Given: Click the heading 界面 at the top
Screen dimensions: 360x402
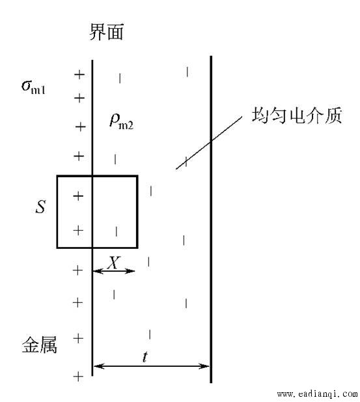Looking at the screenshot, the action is click(106, 32).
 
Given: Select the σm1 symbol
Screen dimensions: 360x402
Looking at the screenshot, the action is click(34, 87).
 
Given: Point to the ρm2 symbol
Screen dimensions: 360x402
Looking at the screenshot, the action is click(121, 121).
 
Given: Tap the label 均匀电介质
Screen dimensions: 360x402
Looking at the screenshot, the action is click(296, 115).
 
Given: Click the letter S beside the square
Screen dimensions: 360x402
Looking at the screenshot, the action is click(41, 207).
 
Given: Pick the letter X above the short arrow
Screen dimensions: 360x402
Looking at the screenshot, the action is click(113, 263).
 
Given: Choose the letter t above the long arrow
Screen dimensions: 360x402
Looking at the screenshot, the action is click(145, 356).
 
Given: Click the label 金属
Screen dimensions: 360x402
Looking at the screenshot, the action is click(39, 345).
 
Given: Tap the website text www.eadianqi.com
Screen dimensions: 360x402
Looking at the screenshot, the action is click(317, 394).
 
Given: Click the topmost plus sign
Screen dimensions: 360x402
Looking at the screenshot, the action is click(79, 75).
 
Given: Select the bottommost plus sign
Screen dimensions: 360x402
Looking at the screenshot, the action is click(78, 377).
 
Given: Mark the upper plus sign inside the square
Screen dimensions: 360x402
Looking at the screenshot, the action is click(78, 196).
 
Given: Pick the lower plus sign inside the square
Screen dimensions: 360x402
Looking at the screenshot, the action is click(78, 231).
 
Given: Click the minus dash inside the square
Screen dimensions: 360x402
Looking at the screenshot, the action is click(117, 231).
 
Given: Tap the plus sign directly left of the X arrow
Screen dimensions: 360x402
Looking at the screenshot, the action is click(77, 270).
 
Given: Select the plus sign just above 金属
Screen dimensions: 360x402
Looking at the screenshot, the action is click(78, 339).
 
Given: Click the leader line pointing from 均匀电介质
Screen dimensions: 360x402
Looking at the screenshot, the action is click(209, 143).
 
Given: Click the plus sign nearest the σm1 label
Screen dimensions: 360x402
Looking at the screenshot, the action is click(79, 98).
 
